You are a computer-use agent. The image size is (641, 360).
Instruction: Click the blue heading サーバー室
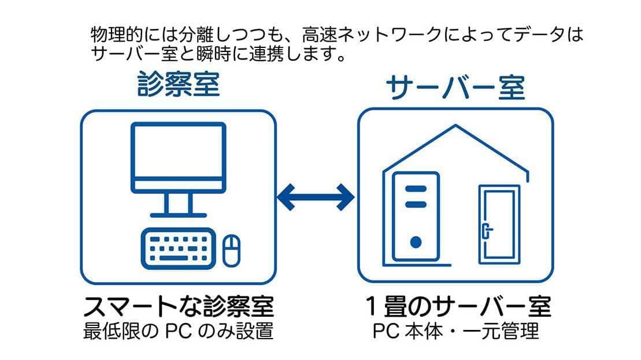tap(455, 88)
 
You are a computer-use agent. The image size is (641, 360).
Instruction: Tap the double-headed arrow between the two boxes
tap(316, 198)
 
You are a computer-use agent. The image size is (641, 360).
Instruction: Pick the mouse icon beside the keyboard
tap(232, 249)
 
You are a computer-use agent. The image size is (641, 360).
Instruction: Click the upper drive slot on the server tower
tap(415, 189)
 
